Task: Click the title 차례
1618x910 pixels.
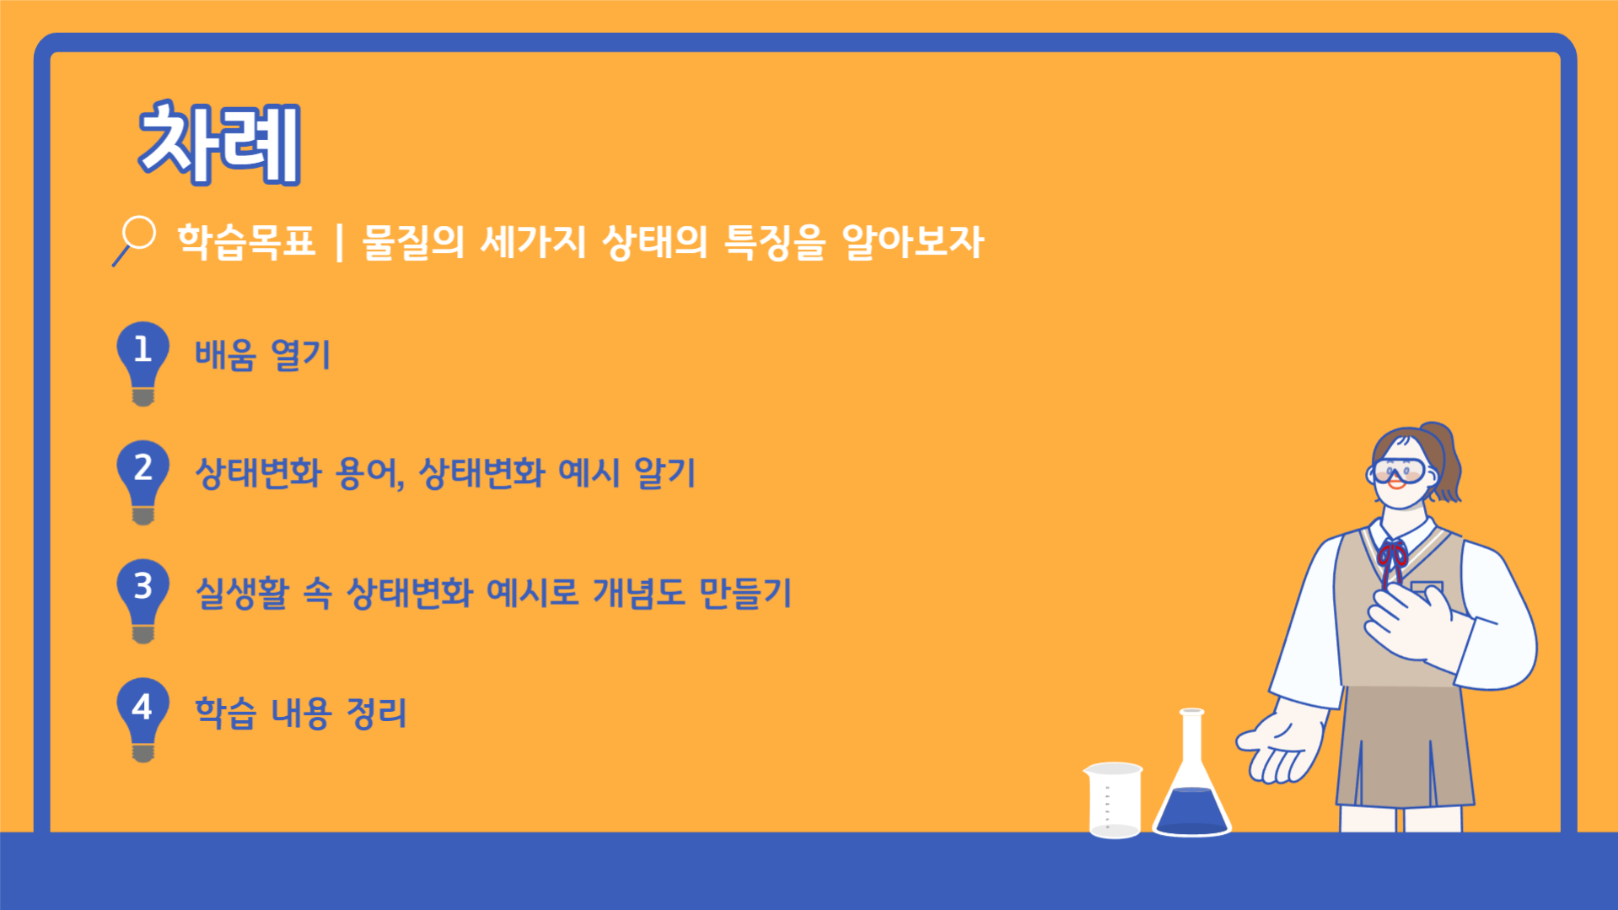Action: coord(219,143)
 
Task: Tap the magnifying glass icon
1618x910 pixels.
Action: coord(135,240)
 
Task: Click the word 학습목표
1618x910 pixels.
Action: coord(246,242)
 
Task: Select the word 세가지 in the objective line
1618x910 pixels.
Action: coord(532,242)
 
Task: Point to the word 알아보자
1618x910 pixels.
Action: coord(912,242)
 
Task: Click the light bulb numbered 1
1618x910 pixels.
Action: coord(142,363)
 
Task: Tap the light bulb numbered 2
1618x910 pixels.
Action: coord(142,482)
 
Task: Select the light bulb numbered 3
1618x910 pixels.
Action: coord(142,600)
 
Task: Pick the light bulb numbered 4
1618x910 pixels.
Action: coord(142,719)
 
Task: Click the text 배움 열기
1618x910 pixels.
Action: coord(263,354)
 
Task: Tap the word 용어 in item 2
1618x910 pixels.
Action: coord(369,473)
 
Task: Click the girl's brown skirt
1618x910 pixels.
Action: coord(1404,746)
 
